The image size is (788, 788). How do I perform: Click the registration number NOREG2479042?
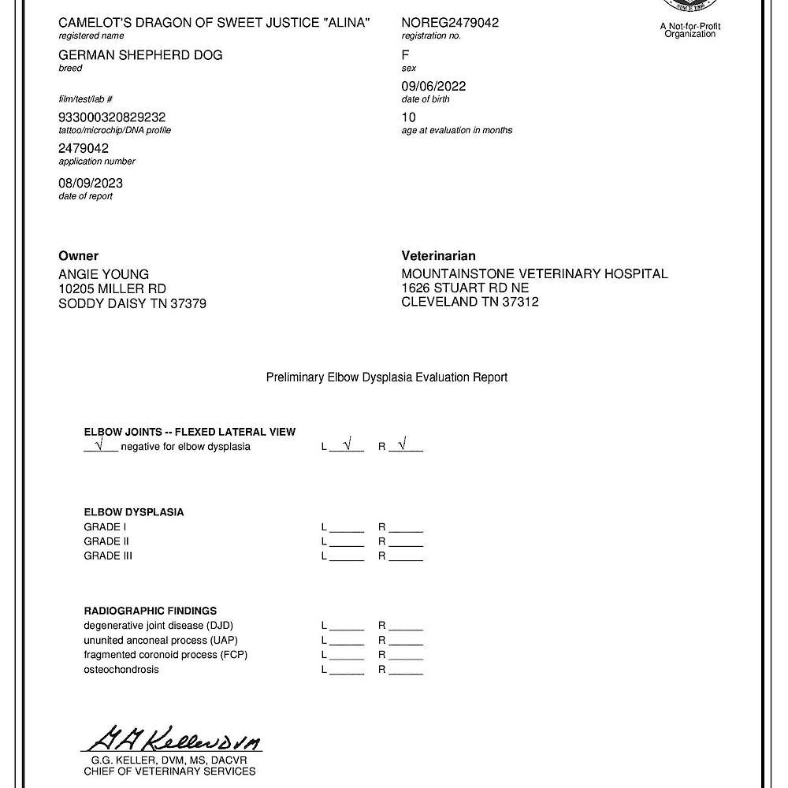(x=450, y=23)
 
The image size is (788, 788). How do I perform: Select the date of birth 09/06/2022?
(x=433, y=86)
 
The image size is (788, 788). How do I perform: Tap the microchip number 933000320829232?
(x=112, y=117)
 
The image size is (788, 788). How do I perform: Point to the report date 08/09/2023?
(x=91, y=183)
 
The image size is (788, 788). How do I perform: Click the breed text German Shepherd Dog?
(x=140, y=54)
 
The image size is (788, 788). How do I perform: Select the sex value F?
(x=405, y=54)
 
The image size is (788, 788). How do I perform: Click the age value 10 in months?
(x=408, y=117)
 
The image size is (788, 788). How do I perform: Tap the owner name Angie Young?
(x=104, y=274)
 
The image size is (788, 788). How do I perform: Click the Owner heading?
(x=79, y=256)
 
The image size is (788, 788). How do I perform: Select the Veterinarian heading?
(x=438, y=256)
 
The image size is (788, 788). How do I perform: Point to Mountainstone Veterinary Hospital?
(x=534, y=274)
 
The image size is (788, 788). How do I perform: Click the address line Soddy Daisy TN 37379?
(x=132, y=303)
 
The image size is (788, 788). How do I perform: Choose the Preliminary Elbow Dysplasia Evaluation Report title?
(x=387, y=377)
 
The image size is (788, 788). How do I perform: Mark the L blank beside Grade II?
(x=347, y=541)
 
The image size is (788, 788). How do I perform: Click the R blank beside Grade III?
(x=406, y=556)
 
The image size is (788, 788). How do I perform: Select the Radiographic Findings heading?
(x=150, y=611)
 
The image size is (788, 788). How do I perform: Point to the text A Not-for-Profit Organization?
(x=690, y=31)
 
